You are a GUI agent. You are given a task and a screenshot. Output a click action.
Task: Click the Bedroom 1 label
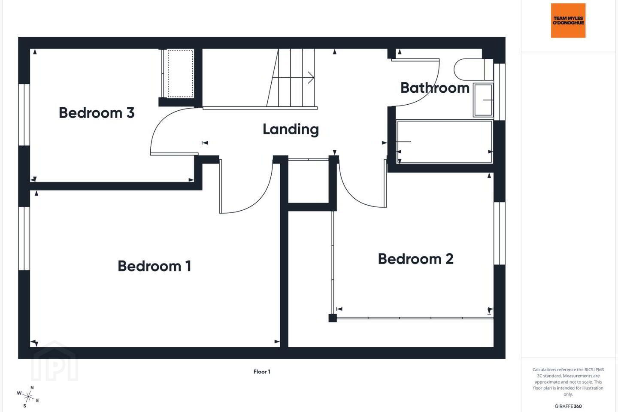pyautogui.click(x=154, y=266)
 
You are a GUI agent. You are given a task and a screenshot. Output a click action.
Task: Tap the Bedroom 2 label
pyautogui.click(x=415, y=259)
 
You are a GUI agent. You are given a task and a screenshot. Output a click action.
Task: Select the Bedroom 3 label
pyautogui.click(x=97, y=112)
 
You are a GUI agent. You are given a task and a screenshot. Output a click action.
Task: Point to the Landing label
pyautogui.click(x=291, y=129)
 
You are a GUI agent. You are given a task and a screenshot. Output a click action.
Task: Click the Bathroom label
pyautogui.click(x=435, y=88)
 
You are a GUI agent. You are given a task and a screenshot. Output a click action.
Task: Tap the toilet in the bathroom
pyautogui.click(x=473, y=69)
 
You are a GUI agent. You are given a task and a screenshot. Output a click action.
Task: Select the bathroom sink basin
pyautogui.click(x=483, y=100)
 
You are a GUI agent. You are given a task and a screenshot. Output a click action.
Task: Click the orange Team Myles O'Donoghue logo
pyautogui.click(x=568, y=21)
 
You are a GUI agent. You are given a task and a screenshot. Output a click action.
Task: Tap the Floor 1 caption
pyautogui.click(x=262, y=372)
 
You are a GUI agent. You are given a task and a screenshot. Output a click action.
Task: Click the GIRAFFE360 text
pyautogui.click(x=568, y=406)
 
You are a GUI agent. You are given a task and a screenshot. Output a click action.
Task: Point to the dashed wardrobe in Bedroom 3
pyautogui.click(x=180, y=73)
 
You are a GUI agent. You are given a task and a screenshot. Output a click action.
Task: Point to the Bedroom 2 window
pyautogui.click(x=500, y=233)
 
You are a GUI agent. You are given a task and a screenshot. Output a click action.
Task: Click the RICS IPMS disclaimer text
pyautogui.click(x=568, y=382)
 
